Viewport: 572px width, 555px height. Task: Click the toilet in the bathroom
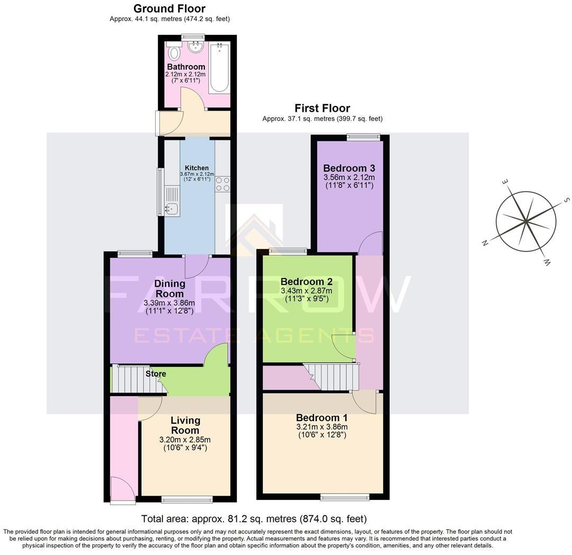[173, 52]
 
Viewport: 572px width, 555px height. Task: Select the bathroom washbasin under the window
[195, 47]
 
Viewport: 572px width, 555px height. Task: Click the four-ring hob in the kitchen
[222, 184]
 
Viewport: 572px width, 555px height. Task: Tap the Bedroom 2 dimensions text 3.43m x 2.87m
[307, 291]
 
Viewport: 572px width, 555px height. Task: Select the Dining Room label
[169, 289]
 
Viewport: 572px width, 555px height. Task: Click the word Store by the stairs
[156, 374]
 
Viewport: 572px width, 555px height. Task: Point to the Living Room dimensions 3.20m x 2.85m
[185, 440]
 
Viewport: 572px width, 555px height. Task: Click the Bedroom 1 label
[322, 417]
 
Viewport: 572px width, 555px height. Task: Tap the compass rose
[525, 221]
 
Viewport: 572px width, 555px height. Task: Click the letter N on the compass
[485, 243]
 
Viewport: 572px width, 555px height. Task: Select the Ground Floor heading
[169, 8]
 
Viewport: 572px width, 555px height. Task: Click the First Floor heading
[322, 108]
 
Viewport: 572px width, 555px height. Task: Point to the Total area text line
[254, 519]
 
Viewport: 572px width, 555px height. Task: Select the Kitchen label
[196, 168]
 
